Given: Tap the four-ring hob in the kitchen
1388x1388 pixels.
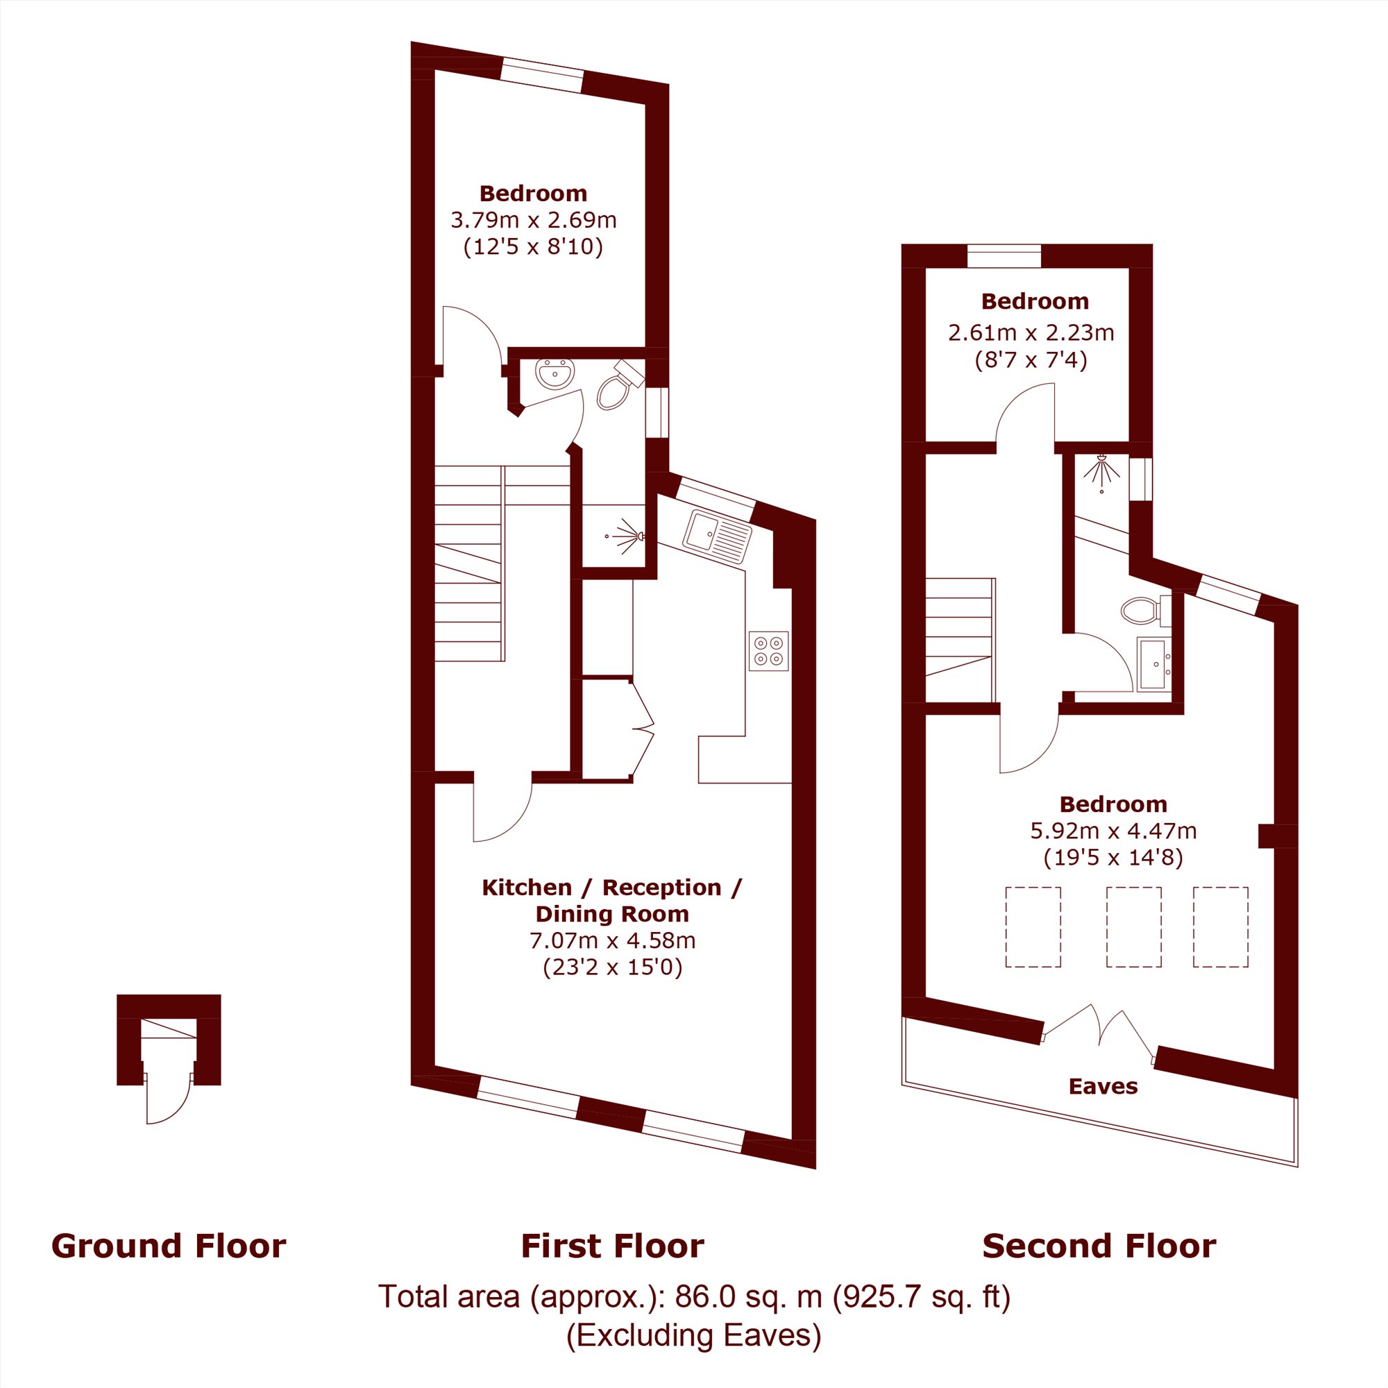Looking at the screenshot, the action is pos(768,651).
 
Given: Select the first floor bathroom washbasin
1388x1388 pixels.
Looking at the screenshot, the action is pos(555,373).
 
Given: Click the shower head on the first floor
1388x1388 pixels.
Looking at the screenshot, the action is pos(626,536).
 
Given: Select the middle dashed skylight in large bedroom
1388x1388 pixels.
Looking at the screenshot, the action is pos(1134,926).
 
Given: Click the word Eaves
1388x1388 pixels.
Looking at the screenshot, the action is pos(1103,1086).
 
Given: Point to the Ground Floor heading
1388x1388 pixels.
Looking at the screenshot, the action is pos(169,1246).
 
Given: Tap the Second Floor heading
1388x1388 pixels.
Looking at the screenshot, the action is pos(1099,1246).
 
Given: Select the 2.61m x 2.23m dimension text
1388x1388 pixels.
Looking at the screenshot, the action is pos(1031,332).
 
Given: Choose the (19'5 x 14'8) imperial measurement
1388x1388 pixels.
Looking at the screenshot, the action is pos(1113,857).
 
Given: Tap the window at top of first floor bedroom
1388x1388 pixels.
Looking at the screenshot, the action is pos(541,75).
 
